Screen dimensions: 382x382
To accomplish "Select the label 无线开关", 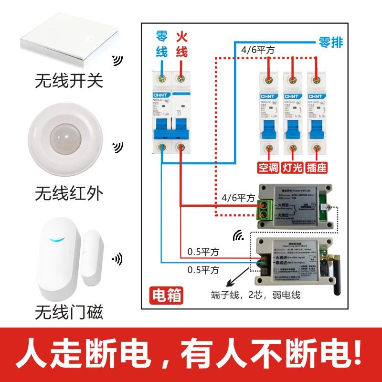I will pyautogui.click(x=69, y=80).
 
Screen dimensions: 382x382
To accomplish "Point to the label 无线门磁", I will pyautogui.click(x=69, y=313).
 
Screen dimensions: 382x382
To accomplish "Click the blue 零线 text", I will pyautogui.click(x=162, y=44).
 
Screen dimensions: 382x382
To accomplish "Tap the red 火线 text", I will pyautogui.click(x=181, y=44).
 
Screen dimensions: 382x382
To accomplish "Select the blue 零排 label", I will pyautogui.click(x=330, y=42).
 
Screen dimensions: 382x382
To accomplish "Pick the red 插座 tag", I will pyautogui.click(x=316, y=168).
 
